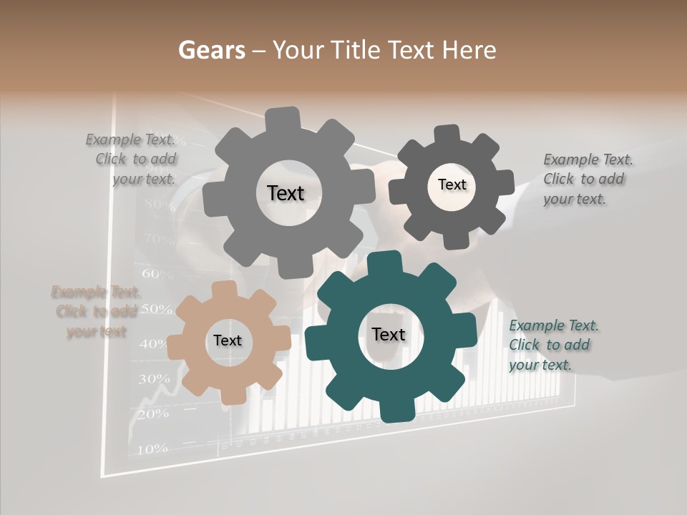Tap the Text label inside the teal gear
click(x=389, y=334)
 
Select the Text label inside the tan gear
click(x=228, y=340)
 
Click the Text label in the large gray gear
click(x=286, y=193)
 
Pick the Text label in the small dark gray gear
click(x=452, y=185)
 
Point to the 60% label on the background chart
click(x=157, y=273)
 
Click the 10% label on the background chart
click(x=152, y=448)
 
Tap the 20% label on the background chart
click(x=152, y=413)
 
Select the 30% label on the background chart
click(x=154, y=378)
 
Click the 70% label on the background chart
click(x=159, y=238)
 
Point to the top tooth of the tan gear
click(x=223, y=290)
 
